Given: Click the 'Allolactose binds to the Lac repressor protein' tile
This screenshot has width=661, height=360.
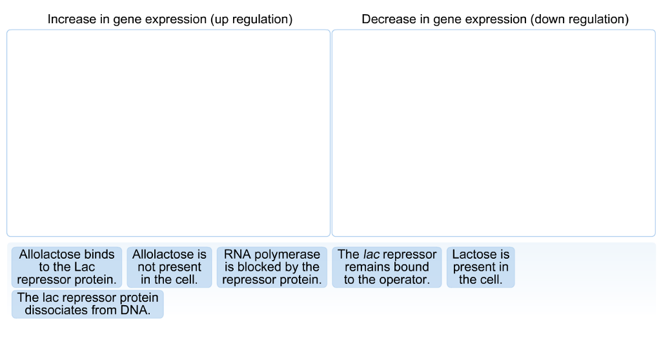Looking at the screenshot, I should point(66,267).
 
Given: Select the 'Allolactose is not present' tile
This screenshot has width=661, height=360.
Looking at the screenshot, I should point(169,267).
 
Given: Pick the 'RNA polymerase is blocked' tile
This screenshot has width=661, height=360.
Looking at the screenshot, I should point(272,267).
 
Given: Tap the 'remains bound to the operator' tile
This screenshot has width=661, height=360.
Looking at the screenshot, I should point(387,267).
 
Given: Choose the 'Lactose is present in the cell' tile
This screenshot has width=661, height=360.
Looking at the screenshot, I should point(480,267).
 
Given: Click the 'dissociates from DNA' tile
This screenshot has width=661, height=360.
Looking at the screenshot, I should point(87,304).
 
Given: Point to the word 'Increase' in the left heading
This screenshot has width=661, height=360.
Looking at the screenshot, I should point(71,19).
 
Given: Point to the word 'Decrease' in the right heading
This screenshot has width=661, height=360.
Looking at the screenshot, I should point(388,19).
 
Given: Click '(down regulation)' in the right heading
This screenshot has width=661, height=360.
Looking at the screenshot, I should point(579,19).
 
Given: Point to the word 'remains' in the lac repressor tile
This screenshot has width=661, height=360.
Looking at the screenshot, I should point(365,267).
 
